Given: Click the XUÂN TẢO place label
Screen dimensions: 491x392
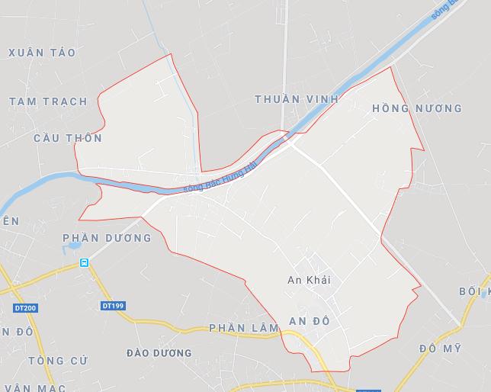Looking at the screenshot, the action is pyautogui.click(x=42, y=53).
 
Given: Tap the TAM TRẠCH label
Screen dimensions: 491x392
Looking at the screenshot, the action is pyautogui.click(x=48, y=101).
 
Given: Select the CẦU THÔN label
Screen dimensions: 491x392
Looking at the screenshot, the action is pyautogui.click(x=68, y=138).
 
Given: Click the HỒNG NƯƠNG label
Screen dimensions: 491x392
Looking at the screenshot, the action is pyautogui.click(x=416, y=108).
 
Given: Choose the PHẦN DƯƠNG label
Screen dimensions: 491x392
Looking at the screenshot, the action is pyautogui.click(x=107, y=238).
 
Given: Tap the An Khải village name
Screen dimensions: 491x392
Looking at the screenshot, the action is pyautogui.click(x=309, y=281).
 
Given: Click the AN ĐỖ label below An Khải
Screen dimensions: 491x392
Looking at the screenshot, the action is pyautogui.click(x=310, y=321).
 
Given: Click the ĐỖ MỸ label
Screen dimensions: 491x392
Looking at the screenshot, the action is pyautogui.click(x=440, y=349).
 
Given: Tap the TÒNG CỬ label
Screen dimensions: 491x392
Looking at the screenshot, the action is pyautogui.click(x=58, y=359).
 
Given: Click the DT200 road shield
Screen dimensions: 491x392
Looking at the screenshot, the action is pyautogui.click(x=25, y=308).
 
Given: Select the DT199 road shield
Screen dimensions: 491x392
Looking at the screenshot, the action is pyautogui.click(x=112, y=306).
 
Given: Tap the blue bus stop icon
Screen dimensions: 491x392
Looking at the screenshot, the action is pyautogui.click(x=84, y=263).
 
